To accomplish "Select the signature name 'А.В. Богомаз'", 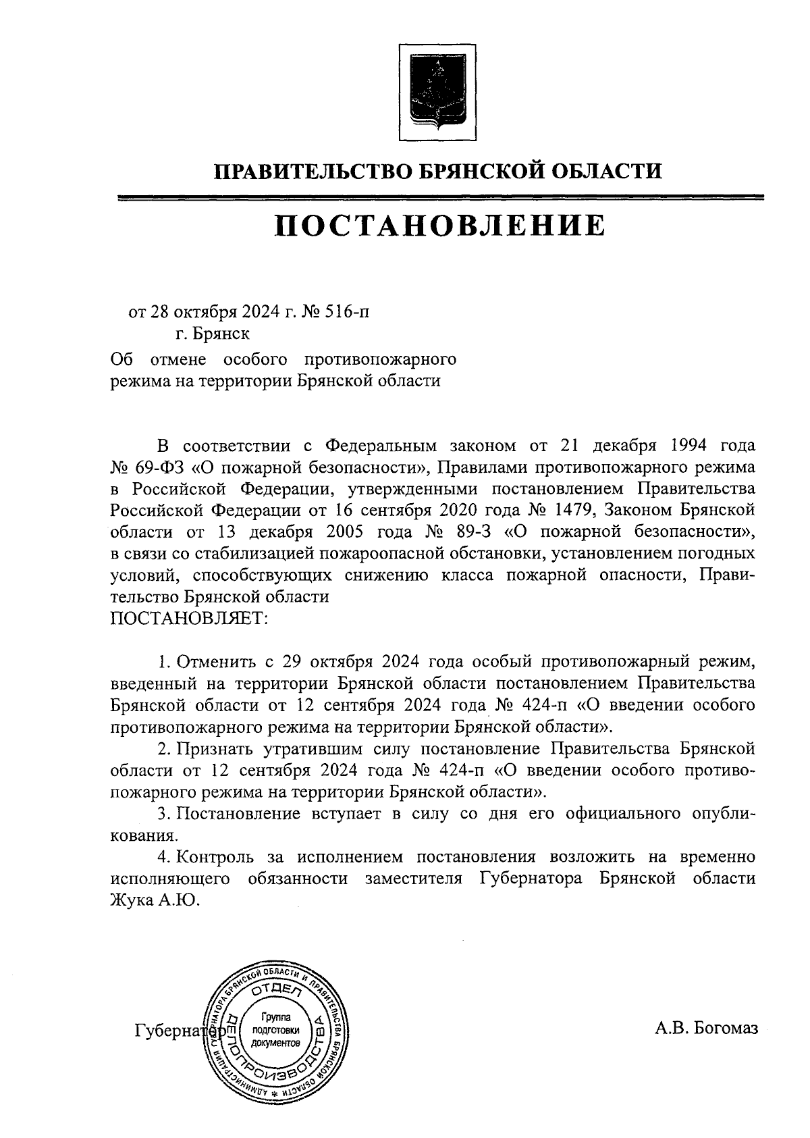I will tap(706, 1028).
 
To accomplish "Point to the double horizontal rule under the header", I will tap(439, 197).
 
